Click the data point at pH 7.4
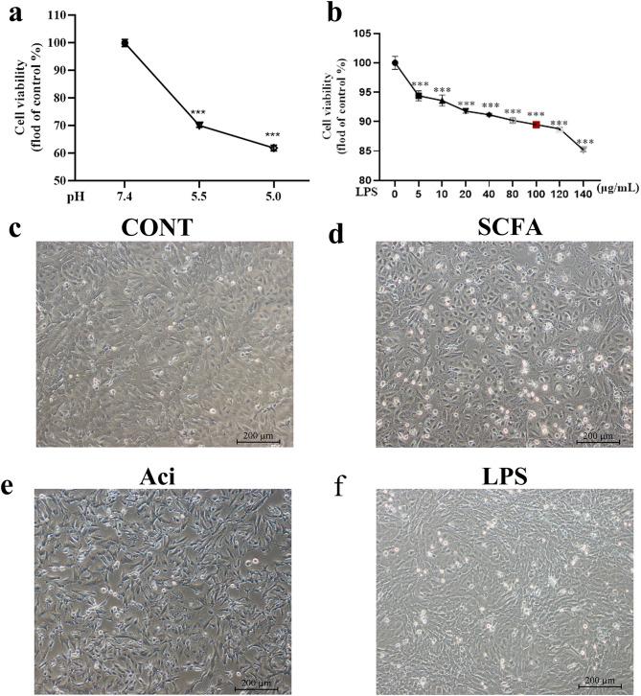click(125, 42)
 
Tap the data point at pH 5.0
click(273, 148)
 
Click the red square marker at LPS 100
click(536, 125)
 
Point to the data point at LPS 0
click(395, 63)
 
